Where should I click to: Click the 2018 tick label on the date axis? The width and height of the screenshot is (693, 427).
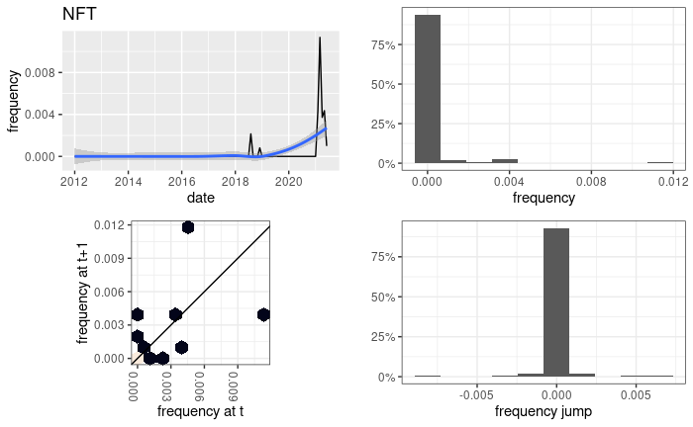tap(236, 182)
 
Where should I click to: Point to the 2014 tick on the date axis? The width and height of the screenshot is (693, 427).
tap(128, 182)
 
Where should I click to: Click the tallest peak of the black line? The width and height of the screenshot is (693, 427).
tap(320, 39)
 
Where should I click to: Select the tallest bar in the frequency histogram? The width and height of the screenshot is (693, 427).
tap(427, 89)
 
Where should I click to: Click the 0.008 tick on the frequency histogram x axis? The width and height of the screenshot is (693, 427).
tap(589, 182)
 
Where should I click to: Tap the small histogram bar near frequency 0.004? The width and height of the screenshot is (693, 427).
tap(505, 160)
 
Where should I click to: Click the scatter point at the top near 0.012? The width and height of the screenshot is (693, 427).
tap(188, 227)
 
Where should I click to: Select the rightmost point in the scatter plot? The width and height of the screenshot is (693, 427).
tap(263, 314)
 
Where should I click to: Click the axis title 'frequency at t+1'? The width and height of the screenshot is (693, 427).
tap(83, 292)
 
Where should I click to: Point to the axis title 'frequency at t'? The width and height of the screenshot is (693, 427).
tap(200, 410)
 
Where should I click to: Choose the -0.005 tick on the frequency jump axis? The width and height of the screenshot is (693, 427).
tap(477, 391)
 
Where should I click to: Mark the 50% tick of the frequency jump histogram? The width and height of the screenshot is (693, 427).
tap(385, 297)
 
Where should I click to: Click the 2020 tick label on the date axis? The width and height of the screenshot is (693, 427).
tap(289, 182)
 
